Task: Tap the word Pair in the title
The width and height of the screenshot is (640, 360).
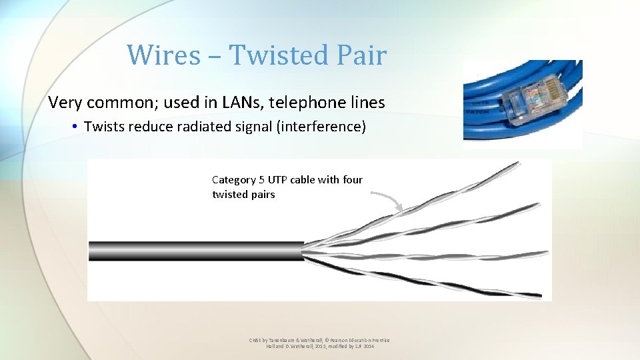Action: (x=361, y=55)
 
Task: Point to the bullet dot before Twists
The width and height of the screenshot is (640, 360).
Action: (x=77, y=127)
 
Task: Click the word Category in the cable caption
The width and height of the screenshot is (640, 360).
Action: (x=234, y=180)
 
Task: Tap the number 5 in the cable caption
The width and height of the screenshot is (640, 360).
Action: (x=262, y=180)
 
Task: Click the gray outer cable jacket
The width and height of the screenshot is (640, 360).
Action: (x=193, y=251)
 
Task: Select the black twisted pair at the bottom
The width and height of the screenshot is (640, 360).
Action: (x=427, y=277)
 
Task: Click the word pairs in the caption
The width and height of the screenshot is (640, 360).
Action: (x=262, y=195)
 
